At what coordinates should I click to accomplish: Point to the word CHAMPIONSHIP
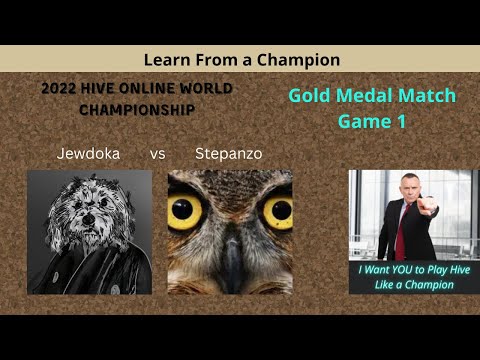[136, 109]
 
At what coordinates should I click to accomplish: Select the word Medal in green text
[367, 97]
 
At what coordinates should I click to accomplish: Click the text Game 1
[371, 121]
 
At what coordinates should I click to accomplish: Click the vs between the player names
[157, 155]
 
